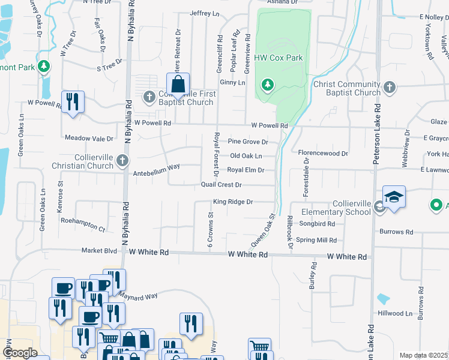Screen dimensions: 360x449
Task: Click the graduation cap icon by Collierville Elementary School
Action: pos(394,197)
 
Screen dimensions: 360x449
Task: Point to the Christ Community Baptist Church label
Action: pos(347,88)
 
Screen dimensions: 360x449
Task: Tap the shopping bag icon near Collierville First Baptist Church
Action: pos(178,85)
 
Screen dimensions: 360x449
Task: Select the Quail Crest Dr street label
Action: pos(221,185)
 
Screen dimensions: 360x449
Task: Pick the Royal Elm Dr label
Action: pos(246,170)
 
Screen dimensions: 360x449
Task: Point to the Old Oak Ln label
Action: pos(246,156)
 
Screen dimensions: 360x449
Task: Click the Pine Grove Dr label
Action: pos(247,142)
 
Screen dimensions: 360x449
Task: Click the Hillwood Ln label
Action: pos(392,313)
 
